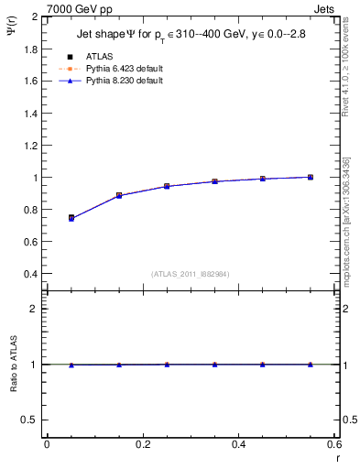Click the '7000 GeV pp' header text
click(75, 8)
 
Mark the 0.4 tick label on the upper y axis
click(31, 274)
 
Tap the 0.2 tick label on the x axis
click(142, 444)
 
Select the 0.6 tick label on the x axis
click(333, 444)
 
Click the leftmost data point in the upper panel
click(71, 218)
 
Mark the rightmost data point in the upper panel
click(311, 177)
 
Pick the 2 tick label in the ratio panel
click(35, 309)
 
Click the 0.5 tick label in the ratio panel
click(31, 420)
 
